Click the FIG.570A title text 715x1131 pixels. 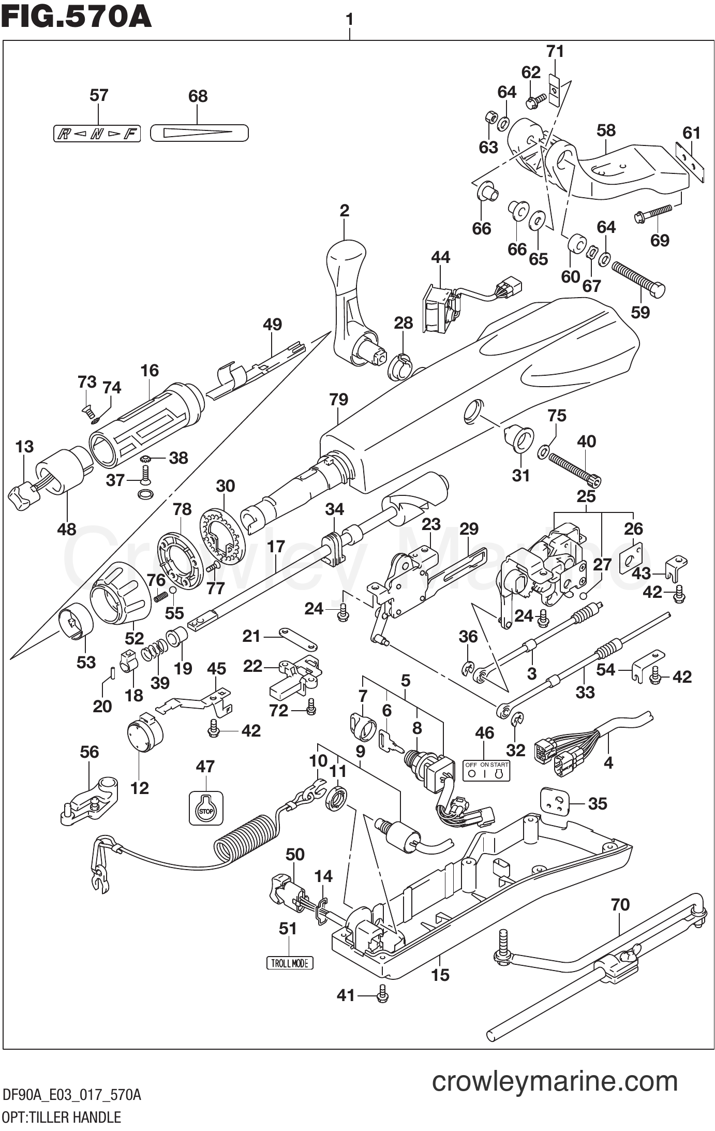(x=76, y=17)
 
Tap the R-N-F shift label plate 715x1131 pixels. (x=97, y=135)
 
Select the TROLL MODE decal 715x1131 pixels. (x=290, y=963)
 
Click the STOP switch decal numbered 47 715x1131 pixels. (x=206, y=808)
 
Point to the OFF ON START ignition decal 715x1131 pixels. (x=486, y=770)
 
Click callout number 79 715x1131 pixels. (x=338, y=400)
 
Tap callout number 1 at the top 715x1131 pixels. (x=350, y=19)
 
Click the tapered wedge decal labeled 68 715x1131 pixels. (x=199, y=133)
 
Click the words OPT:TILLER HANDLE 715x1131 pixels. (x=61, y=1117)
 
